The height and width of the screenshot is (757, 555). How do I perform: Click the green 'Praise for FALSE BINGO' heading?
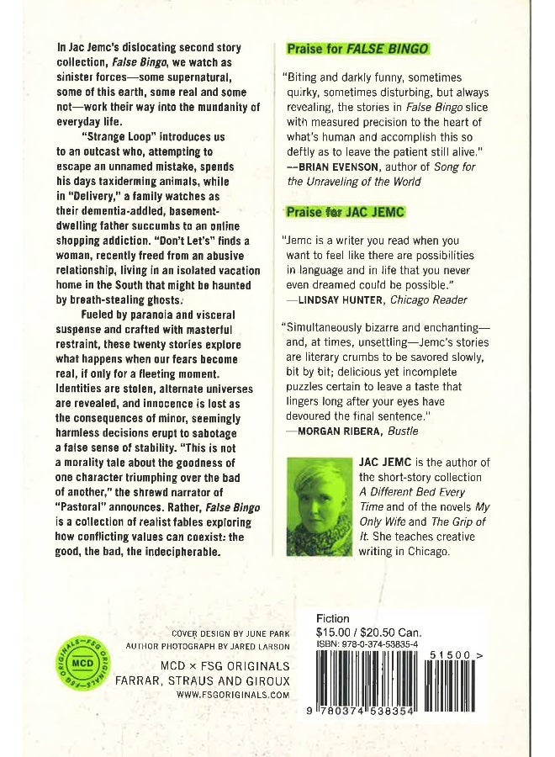pos(358,49)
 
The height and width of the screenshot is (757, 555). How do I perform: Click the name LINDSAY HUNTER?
pos(334,299)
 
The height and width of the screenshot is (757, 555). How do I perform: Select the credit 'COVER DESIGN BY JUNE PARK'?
pos(231,633)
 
